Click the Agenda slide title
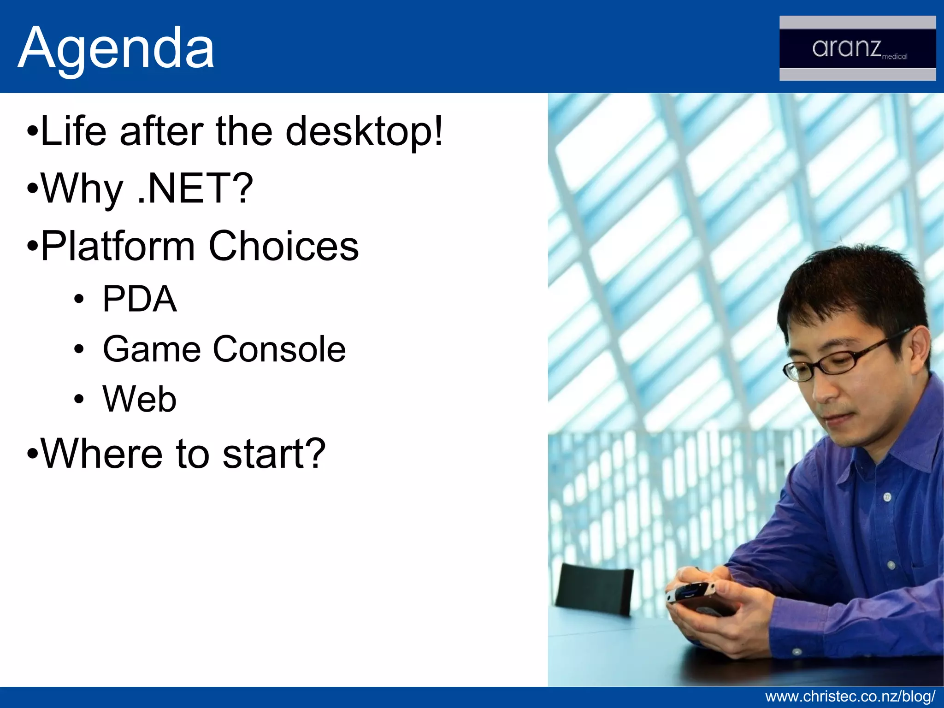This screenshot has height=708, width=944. pos(116,48)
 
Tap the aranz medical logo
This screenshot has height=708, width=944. pos(857,48)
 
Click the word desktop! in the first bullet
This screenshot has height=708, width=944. pos(364,132)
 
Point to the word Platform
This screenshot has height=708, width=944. pos(118,246)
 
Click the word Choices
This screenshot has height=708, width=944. pos(283,246)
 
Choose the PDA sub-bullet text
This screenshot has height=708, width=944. pos(140,299)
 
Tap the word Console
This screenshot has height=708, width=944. pos(279,349)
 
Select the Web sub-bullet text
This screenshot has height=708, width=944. pos(140,399)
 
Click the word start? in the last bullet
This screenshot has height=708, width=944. pos(274,454)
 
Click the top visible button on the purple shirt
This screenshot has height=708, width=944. pos(887,497)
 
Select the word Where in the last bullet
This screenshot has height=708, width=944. pos(101,454)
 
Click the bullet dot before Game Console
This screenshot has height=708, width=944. pos(79,349)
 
